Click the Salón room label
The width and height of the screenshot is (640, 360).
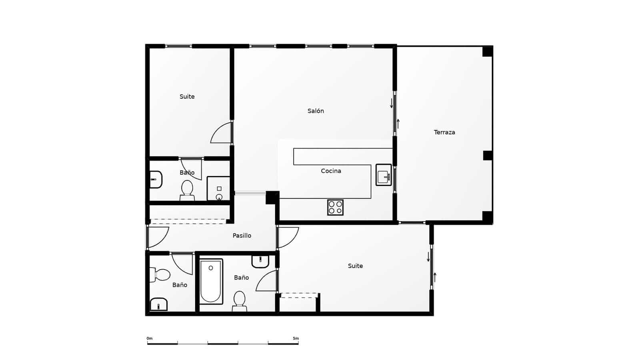(316, 111)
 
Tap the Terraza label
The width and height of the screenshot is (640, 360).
(444, 132)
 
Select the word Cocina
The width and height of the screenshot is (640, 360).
(331, 171)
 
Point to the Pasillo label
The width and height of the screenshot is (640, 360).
(242, 236)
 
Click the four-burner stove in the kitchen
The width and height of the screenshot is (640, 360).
(335, 207)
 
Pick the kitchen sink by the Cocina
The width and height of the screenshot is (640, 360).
(383, 175)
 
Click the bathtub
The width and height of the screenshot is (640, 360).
(211, 282)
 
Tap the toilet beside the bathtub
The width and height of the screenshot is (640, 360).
(239, 300)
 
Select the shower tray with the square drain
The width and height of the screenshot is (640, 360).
(218, 188)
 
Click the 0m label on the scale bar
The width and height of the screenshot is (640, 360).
(150, 338)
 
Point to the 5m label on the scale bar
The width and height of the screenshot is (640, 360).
(296, 338)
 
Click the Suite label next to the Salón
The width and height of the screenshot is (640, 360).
(187, 96)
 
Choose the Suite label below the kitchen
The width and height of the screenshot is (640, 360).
(355, 266)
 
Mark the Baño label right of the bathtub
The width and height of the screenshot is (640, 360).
(241, 277)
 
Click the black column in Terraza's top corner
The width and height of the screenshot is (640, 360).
(487, 52)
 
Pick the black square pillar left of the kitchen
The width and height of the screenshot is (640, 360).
(272, 197)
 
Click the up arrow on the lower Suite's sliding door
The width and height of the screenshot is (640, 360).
(435, 277)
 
